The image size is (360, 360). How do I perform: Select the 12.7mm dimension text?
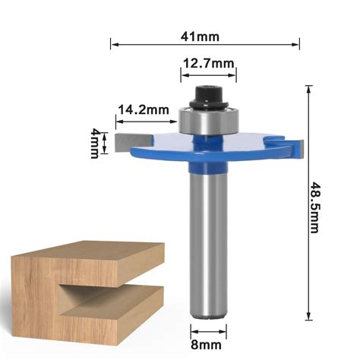[207, 65]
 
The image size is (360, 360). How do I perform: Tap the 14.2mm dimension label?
[143, 110]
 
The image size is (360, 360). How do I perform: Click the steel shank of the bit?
[207, 243]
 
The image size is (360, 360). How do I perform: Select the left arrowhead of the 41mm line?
[114, 44]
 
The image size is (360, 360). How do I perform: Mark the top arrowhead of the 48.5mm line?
[308, 88]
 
